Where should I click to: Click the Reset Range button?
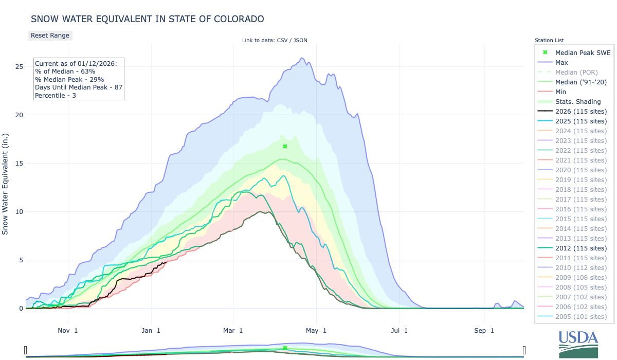(x=49, y=35)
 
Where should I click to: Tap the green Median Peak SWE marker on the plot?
(x=285, y=147)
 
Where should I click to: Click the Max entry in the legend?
(x=562, y=63)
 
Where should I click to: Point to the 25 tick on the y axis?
(x=19, y=67)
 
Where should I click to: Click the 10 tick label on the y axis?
(x=19, y=212)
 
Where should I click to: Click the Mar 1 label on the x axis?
(x=233, y=331)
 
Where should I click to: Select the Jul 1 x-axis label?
(x=399, y=331)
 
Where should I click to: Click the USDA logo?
(x=578, y=344)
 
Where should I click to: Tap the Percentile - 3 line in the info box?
(x=56, y=96)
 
